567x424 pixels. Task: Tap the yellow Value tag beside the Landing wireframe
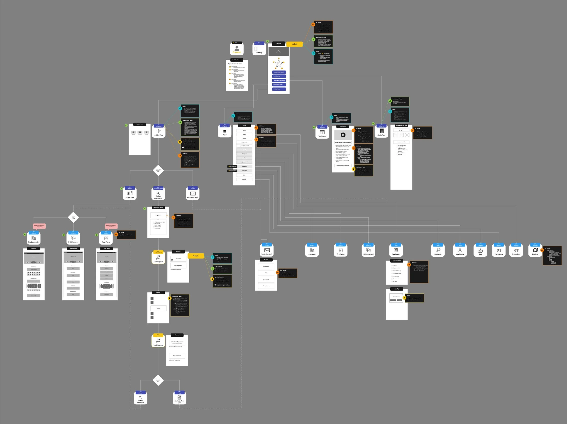[295, 44]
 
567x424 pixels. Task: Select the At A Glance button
[279, 76]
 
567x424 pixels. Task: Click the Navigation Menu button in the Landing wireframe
[279, 85]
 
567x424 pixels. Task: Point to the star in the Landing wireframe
[279, 64]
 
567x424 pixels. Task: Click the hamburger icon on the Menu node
[225, 132]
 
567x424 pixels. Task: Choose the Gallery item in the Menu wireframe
[244, 138]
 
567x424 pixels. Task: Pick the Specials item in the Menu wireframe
[244, 180]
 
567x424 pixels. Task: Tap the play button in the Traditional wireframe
[343, 135]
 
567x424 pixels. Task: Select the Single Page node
[381, 132]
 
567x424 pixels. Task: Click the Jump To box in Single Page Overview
[401, 130]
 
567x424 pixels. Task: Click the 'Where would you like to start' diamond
[158, 170]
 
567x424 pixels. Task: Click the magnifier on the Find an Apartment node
[158, 193]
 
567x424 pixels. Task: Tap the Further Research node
[140, 399]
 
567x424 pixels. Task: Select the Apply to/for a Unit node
[179, 399]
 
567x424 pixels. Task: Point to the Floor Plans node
[106, 239]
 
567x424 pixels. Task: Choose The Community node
[34, 239]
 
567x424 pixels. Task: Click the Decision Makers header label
[237, 60]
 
